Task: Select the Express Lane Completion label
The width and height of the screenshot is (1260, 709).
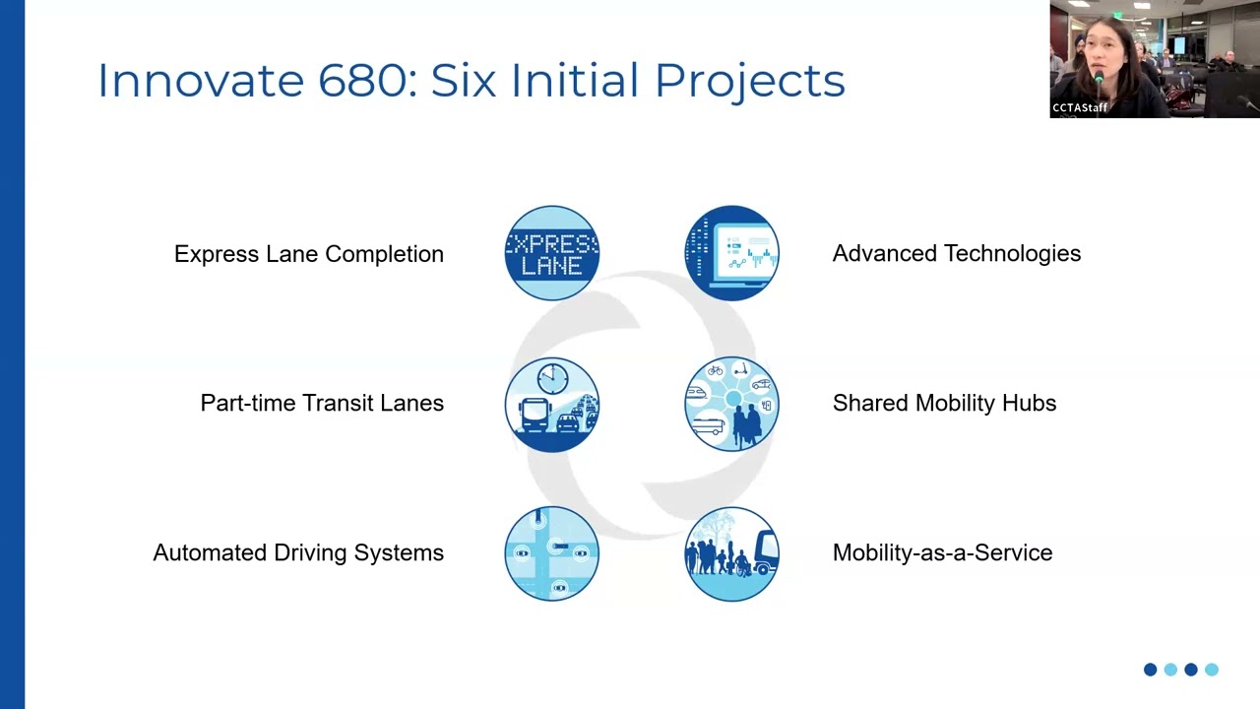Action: click(309, 254)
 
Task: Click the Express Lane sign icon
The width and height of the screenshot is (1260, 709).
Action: click(552, 253)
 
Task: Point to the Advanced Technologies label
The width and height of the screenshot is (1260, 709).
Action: click(956, 253)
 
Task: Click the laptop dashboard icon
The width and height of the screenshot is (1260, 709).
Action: click(731, 253)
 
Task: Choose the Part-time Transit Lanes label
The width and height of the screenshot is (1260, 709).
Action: click(322, 403)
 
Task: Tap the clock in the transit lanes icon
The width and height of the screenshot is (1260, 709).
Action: click(552, 378)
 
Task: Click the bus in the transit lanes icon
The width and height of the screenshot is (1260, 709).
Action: click(535, 415)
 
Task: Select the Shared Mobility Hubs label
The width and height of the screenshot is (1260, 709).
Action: click(944, 403)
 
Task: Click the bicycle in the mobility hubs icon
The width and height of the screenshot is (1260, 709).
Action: click(715, 370)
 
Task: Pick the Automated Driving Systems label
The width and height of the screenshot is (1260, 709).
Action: click(298, 552)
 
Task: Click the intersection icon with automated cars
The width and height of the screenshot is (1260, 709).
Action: click(552, 553)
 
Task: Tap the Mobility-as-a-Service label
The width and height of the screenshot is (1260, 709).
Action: click(942, 552)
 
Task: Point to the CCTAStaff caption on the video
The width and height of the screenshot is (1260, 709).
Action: click(1080, 107)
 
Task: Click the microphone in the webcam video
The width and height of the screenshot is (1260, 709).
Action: click(1099, 85)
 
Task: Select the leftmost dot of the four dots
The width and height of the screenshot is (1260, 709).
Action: click(1151, 670)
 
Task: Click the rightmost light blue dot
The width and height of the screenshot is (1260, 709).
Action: click(1212, 670)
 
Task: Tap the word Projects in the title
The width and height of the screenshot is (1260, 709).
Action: click(750, 82)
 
